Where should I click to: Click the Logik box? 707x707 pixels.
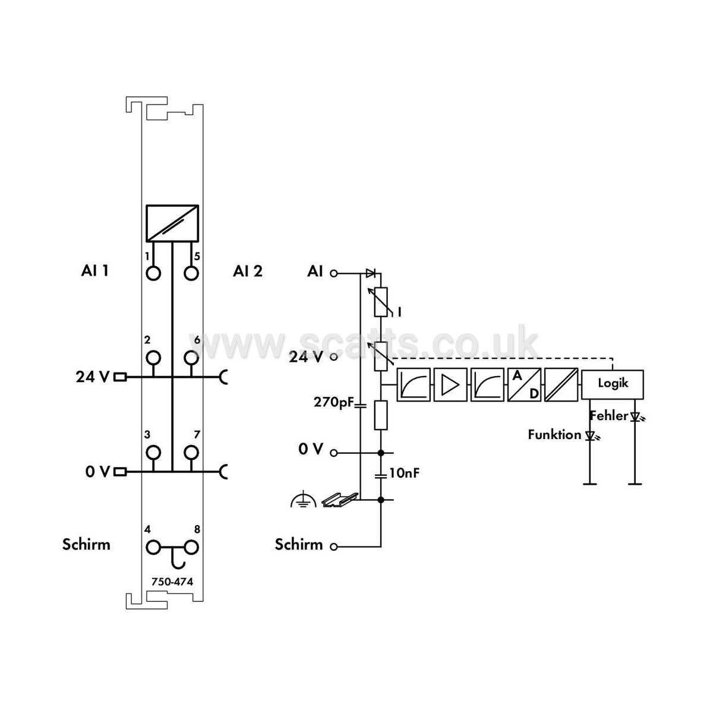pos(613,384)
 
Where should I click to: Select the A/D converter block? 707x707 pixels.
pos(524,384)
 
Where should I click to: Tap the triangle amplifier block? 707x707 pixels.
pos(450,384)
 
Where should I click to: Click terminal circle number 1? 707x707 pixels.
pos(154,273)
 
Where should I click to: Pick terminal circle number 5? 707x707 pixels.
pos(191,273)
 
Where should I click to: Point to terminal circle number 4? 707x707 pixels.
pos(154,547)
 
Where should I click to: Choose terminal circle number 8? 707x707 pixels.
pos(191,547)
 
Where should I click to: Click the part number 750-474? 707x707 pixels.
pos(172,582)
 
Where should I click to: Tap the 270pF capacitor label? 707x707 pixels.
pos(334,402)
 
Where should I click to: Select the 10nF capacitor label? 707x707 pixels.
pos(404,473)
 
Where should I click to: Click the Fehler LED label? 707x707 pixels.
pos(609,415)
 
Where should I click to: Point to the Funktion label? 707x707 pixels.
pos(554,435)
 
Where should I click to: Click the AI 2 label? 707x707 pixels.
pos(248,271)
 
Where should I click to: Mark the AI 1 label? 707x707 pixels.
pos(94,270)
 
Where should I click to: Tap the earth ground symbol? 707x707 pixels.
pos(303,500)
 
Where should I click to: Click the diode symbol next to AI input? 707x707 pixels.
pos(371,273)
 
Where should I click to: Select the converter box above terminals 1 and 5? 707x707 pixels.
pos(172,223)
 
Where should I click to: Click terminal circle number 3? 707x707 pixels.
pos(154,452)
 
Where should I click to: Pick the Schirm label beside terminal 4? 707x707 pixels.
pos(86,544)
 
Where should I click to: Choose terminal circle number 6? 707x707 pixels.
pos(191,358)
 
